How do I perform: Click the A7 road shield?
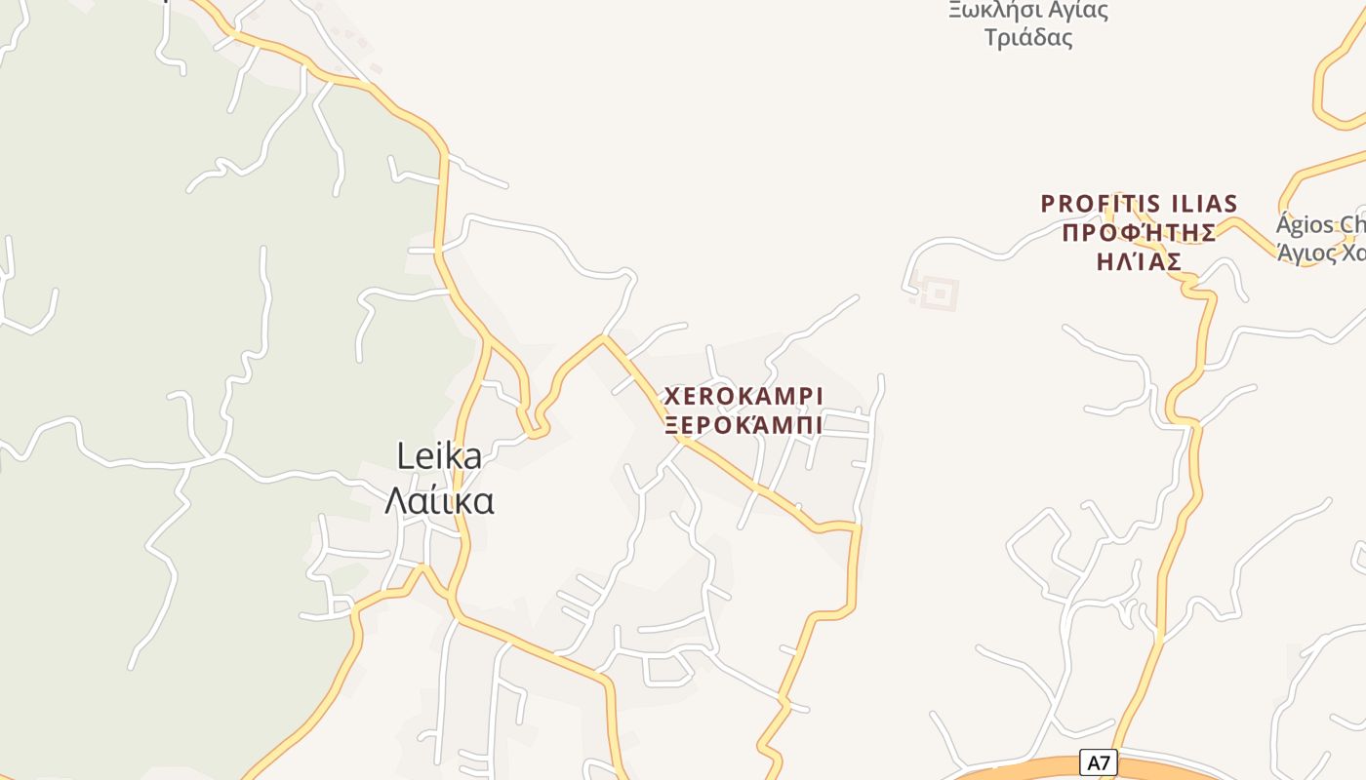[1100, 761]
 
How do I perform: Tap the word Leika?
[439, 456]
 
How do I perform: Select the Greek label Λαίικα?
[439, 500]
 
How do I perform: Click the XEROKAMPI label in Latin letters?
[743, 397]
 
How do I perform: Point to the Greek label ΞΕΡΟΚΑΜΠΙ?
[743, 425]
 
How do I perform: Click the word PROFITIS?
[1096, 204]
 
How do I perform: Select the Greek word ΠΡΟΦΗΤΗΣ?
[1139, 233]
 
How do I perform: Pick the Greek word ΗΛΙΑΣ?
[1139, 261]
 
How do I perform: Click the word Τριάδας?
[1028, 38]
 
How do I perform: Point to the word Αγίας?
[1069, 12]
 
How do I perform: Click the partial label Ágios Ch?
[1319, 225]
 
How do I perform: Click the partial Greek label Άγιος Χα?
[1319, 253]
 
